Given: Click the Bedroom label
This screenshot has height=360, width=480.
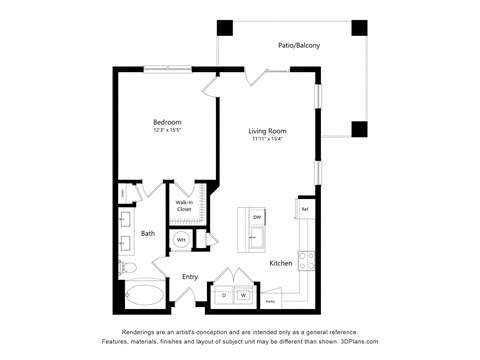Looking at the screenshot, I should pyautogui.click(x=167, y=122).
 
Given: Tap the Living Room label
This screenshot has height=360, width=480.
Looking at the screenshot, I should pyautogui.click(x=268, y=131).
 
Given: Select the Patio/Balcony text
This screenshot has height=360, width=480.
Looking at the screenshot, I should pyautogui.click(x=299, y=46).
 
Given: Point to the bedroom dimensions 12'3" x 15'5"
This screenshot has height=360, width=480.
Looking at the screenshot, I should pyautogui.click(x=167, y=131).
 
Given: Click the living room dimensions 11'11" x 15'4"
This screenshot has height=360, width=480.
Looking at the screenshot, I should pyautogui.click(x=268, y=140).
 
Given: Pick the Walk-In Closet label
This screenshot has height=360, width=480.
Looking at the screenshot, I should pyautogui.click(x=184, y=206).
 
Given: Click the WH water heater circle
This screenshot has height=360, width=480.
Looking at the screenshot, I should pyautogui.click(x=182, y=240).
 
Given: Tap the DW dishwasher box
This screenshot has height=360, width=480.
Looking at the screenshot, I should pyautogui.click(x=257, y=217).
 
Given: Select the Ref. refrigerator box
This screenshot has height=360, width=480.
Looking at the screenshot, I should pyautogui.click(x=304, y=208).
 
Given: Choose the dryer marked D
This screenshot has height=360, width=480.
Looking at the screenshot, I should pyautogui.click(x=224, y=295).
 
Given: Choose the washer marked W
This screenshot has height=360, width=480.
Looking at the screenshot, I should pyautogui.click(x=243, y=295).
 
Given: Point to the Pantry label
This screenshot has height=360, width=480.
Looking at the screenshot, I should pyautogui.click(x=270, y=299).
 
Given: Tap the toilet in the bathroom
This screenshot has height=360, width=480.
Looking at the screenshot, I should pyautogui.click(x=126, y=267).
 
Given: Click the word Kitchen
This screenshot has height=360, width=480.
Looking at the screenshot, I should pyautogui.click(x=281, y=263).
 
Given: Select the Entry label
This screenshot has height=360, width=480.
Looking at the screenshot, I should pyautogui.click(x=190, y=277).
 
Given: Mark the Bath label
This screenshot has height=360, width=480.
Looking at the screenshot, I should pyautogui.click(x=148, y=234).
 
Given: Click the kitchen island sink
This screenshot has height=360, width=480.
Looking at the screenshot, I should pyautogui.click(x=257, y=238).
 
